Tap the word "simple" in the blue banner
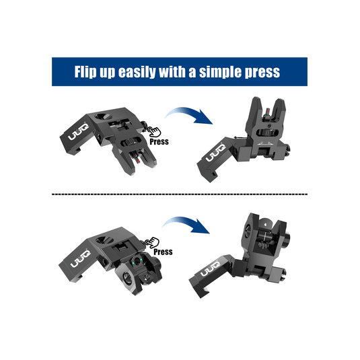[220, 72]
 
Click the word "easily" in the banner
[137, 72]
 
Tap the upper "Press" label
[159, 142]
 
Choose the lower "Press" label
[163, 252]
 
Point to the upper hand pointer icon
[154, 132]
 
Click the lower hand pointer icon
[153, 242]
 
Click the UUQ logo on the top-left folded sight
[79, 132]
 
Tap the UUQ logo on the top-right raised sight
[216, 153]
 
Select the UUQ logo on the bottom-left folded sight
[80, 259]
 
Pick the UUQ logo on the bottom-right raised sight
[211, 269]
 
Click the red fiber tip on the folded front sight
[139, 161]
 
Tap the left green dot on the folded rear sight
[133, 262]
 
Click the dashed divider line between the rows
[180, 194]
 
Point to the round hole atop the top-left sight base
[104, 116]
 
